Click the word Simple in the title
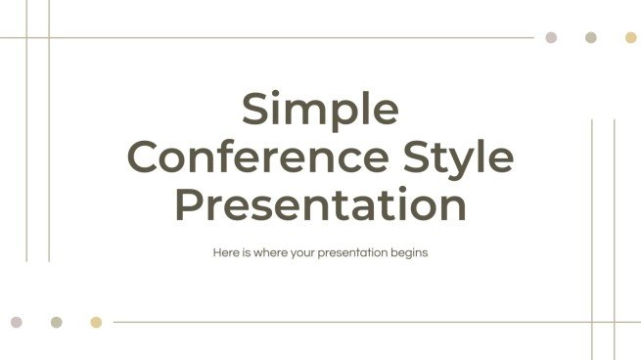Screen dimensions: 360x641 320,109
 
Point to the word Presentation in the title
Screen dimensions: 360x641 320,204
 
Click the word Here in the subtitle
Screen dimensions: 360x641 225,252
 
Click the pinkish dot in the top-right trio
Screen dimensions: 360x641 551,37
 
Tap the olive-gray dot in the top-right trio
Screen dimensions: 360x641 591,37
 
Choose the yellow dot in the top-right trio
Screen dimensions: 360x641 631,37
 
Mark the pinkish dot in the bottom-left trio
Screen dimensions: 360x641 16,322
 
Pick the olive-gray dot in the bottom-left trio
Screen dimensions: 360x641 56,322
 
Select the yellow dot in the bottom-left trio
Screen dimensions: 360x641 96,322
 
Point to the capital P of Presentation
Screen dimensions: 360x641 189,204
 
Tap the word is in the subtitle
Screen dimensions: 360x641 245,252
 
